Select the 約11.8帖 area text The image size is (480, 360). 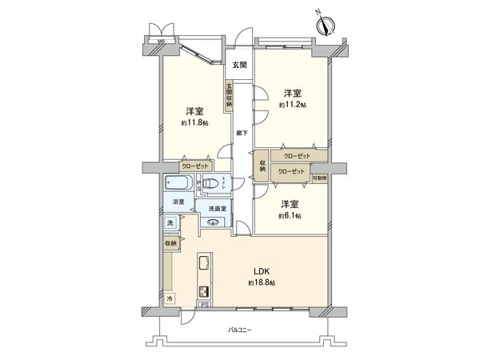(194, 123)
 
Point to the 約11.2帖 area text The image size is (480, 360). (291, 104)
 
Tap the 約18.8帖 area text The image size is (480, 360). (261, 283)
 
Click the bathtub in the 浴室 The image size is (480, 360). (178, 183)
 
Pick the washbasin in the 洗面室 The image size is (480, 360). (213, 223)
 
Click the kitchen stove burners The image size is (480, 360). (202, 292)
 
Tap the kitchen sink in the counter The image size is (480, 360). (202, 264)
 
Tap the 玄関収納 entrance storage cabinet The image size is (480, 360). (229, 95)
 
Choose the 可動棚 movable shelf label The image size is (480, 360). (319, 178)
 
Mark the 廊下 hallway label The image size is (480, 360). (240, 134)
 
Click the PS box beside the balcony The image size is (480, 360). (204, 305)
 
